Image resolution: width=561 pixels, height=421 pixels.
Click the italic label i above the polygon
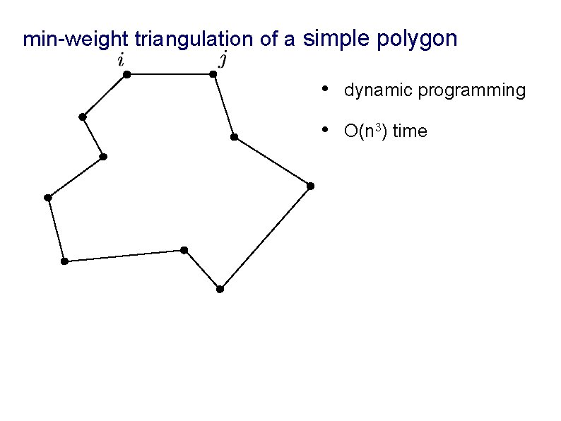(122, 60)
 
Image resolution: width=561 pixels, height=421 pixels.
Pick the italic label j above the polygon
(223, 59)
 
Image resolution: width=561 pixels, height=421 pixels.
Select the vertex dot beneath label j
(213, 73)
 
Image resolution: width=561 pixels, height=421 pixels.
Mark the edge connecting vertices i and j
(170, 73)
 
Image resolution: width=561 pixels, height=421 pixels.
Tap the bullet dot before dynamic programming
(324, 89)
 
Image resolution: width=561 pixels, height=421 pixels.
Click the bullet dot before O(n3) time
(324, 129)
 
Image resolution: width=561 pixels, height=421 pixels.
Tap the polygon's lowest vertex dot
(220, 289)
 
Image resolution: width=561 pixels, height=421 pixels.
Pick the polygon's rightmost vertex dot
(310, 186)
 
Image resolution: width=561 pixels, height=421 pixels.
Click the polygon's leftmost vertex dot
(47, 197)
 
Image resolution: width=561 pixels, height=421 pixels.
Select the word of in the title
(268, 40)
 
